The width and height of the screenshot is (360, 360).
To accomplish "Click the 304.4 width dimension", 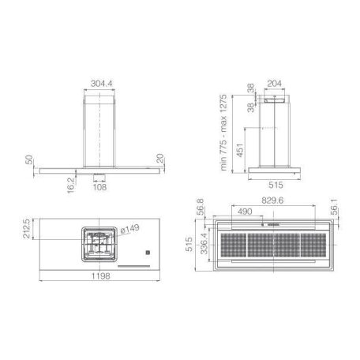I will [x=100, y=81].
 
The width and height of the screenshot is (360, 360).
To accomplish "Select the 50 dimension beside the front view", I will [x=29, y=161].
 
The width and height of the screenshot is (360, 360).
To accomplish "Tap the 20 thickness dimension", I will [x=162, y=161].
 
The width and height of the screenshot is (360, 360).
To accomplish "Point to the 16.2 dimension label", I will [x=71, y=183].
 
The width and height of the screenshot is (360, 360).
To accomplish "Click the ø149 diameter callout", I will [x=129, y=230].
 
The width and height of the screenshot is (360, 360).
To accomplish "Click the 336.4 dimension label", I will [x=204, y=246].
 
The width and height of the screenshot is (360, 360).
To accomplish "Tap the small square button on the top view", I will [x=146, y=253].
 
